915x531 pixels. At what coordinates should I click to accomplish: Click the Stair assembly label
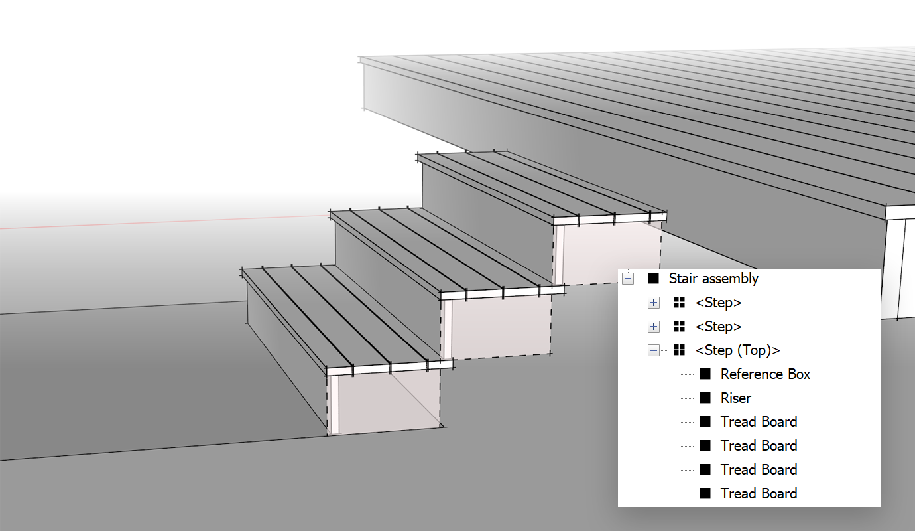(713, 279)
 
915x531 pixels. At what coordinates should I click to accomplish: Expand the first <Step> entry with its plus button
(654, 303)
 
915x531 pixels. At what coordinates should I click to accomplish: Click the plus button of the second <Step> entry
(654, 327)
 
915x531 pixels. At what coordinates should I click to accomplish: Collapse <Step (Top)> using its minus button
(654, 350)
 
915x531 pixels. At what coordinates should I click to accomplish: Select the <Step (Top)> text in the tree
(737, 350)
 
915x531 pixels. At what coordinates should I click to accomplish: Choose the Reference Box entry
(765, 374)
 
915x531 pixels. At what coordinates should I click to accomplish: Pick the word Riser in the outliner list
(735, 398)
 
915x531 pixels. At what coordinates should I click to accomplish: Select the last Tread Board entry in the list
(759, 494)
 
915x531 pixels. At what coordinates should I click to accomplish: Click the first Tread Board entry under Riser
(759, 422)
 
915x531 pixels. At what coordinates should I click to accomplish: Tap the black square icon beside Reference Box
(705, 374)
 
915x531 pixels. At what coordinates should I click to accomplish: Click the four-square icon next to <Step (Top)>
(679, 350)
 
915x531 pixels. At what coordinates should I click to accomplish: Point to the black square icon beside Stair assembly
(653, 279)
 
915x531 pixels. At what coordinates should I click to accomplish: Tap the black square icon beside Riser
(705, 398)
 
